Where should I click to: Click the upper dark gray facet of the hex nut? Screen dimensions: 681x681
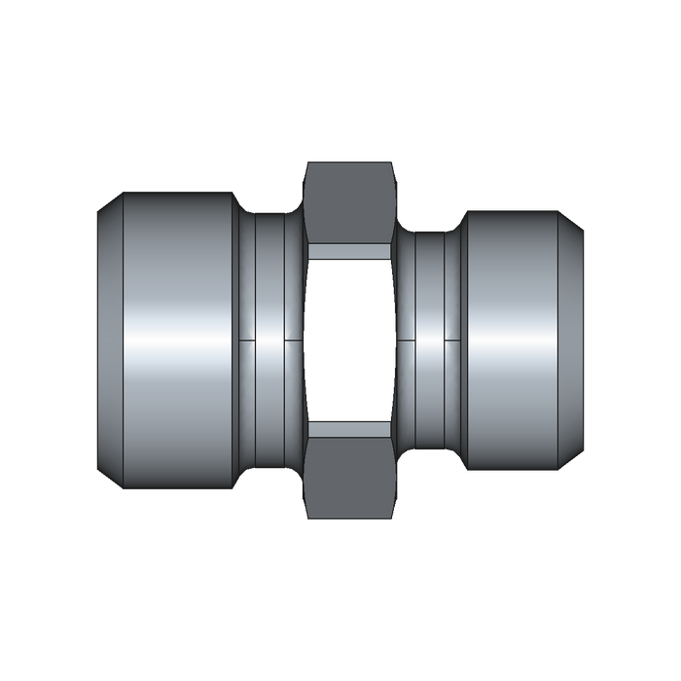pos(350,202)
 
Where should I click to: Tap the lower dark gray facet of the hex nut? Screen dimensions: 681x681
pos(350,477)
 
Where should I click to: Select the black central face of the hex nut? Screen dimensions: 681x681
pos(350,340)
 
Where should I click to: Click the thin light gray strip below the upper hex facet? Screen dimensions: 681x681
pos(350,251)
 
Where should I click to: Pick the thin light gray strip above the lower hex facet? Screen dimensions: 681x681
pos(350,428)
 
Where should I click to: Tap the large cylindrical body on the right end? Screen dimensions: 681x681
pos(511,282)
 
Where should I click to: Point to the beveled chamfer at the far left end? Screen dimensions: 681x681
pos(108,340)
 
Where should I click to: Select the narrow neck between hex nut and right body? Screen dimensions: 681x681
pos(428,292)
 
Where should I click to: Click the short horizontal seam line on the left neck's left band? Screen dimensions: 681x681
pos(247,340)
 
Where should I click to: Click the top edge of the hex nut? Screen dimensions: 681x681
pos(350,163)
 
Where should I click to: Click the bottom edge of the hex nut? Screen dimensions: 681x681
pos(350,518)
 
